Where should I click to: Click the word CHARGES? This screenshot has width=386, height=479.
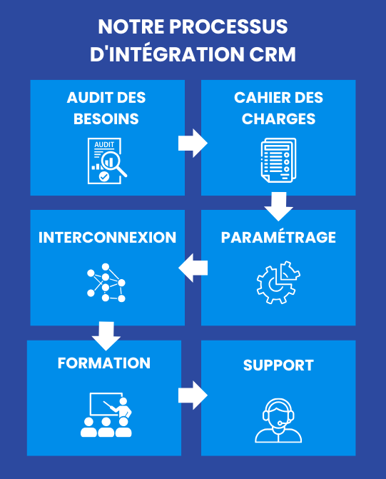(x=278, y=119)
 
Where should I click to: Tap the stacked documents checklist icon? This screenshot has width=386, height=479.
(x=278, y=160)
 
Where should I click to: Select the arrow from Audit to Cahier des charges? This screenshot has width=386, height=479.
(x=192, y=142)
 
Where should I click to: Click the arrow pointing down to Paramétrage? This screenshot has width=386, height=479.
(x=278, y=206)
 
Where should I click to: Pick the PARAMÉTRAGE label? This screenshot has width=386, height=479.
(x=278, y=237)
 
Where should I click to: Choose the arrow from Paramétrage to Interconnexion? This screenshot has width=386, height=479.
(x=193, y=268)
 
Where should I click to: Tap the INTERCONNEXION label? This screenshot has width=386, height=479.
(x=107, y=237)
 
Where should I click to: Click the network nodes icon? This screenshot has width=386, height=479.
(x=106, y=283)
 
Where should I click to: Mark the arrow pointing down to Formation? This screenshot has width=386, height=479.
(x=106, y=336)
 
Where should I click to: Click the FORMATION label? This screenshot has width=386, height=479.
(x=104, y=363)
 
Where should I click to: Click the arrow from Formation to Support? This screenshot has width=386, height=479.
(x=192, y=395)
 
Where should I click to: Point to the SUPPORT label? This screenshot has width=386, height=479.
(x=278, y=365)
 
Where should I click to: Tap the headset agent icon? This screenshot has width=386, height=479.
(x=278, y=421)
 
